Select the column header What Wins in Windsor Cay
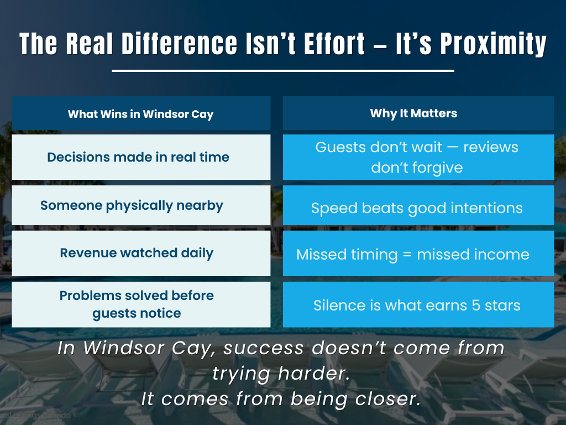click(140, 115)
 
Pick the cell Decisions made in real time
click(138, 157)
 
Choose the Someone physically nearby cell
click(132, 205)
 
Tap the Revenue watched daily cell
click(137, 253)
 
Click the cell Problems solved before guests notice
click(137, 304)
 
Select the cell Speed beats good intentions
click(417, 208)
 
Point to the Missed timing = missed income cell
click(413, 255)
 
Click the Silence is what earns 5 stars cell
click(417, 305)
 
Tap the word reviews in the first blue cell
click(491, 148)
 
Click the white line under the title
click(282, 71)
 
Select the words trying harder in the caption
click(281, 374)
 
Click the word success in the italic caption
click(260, 349)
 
